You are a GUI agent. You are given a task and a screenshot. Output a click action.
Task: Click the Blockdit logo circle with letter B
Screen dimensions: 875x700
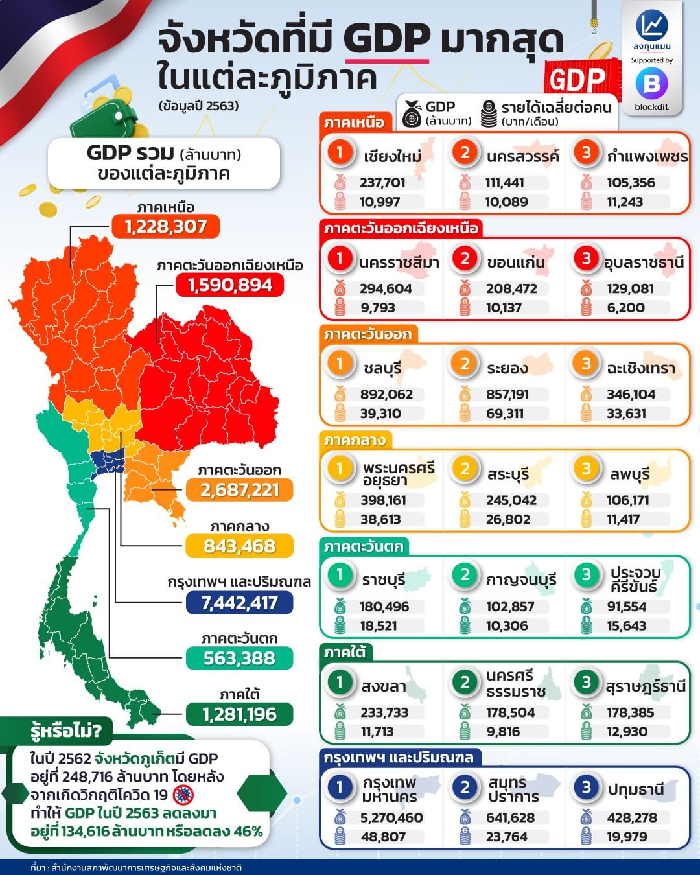click(651, 83)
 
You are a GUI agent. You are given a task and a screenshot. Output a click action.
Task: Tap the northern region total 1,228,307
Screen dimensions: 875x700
click(166, 227)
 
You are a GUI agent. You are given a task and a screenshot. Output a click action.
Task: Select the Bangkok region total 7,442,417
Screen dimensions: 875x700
click(239, 603)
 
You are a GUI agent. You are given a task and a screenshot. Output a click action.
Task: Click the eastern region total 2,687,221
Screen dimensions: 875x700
click(239, 490)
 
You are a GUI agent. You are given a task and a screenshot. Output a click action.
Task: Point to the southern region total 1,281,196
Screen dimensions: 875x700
click(239, 714)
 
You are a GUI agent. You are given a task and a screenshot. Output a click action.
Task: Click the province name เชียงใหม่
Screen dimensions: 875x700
click(392, 156)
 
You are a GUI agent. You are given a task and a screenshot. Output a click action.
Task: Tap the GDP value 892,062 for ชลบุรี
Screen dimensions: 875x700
click(386, 394)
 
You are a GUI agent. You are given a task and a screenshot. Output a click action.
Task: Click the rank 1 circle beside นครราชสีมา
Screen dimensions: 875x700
click(339, 259)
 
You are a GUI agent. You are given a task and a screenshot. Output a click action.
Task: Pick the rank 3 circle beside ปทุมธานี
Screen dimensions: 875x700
click(586, 787)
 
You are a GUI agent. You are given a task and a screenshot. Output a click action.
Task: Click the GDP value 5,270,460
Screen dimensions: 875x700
click(391, 818)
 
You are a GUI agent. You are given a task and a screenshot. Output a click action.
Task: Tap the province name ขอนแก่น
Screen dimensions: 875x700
click(516, 262)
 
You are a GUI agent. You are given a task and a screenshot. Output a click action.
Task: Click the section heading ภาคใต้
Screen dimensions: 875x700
click(345, 653)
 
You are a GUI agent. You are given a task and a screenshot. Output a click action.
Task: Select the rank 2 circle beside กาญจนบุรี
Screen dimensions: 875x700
click(465, 576)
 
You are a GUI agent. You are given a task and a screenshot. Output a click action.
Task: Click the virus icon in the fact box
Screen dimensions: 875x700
click(183, 795)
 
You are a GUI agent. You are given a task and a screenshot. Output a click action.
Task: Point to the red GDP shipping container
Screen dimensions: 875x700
click(576, 80)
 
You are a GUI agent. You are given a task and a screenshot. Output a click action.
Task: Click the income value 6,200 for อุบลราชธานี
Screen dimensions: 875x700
click(625, 308)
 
